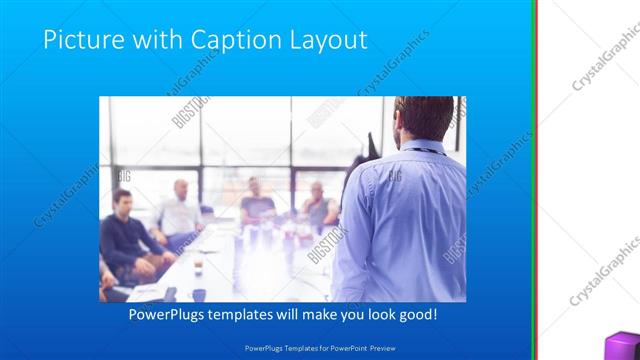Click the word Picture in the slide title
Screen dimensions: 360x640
click(82, 40)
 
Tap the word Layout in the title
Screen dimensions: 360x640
click(325, 40)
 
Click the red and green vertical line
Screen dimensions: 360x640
click(538, 180)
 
